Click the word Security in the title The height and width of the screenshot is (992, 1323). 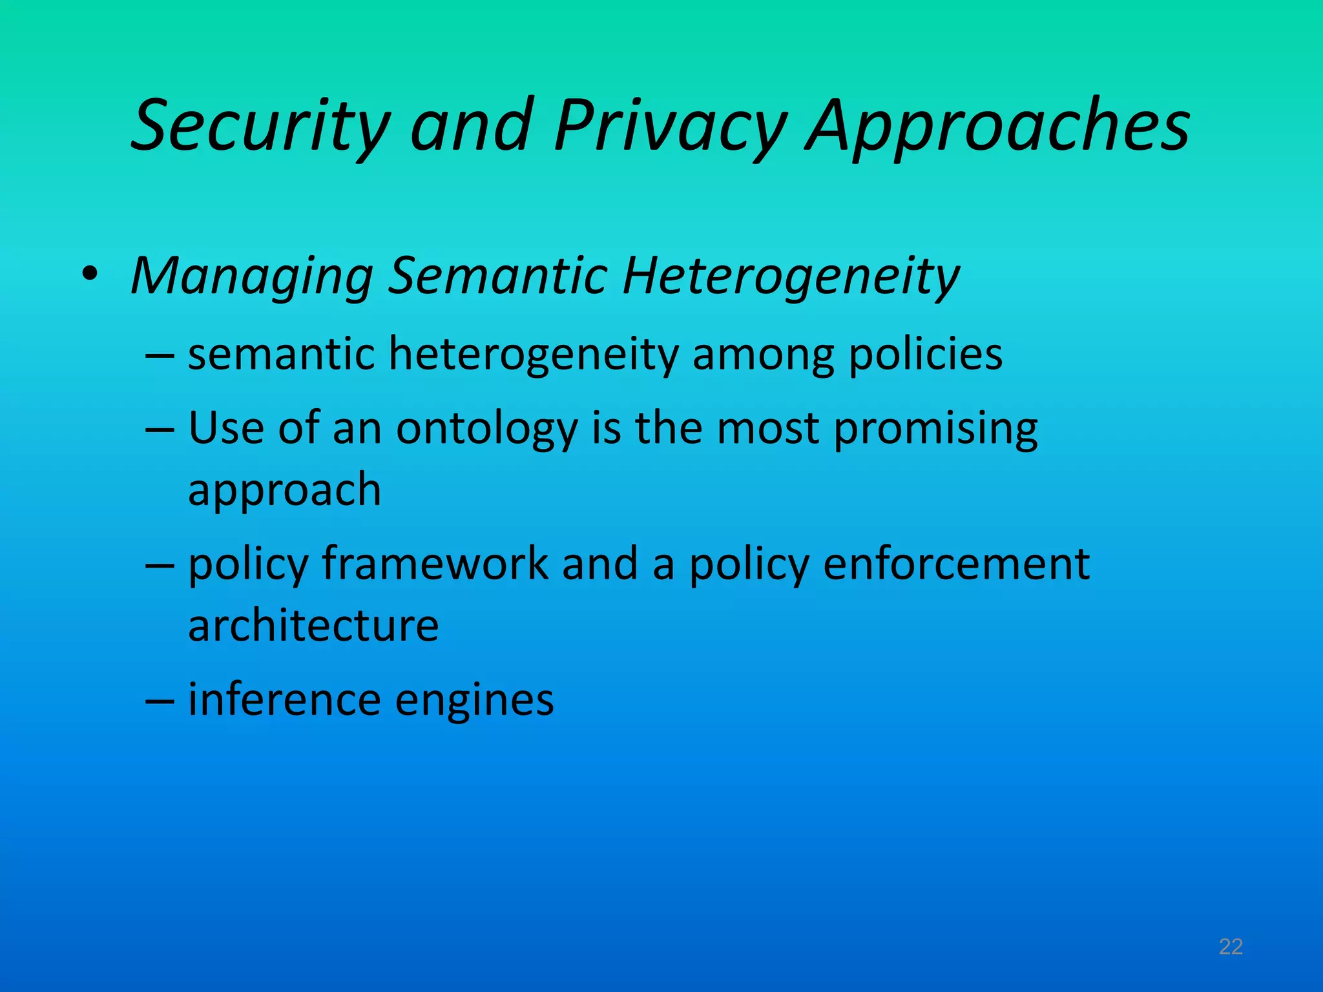point(260,126)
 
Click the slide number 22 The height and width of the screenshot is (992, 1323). point(1231,947)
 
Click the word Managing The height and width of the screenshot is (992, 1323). point(252,276)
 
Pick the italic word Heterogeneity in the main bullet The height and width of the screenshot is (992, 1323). point(791,276)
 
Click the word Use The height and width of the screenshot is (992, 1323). point(226,428)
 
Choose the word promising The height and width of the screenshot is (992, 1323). point(935,429)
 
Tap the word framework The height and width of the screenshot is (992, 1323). point(435,563)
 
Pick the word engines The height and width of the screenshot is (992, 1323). point(474,700)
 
